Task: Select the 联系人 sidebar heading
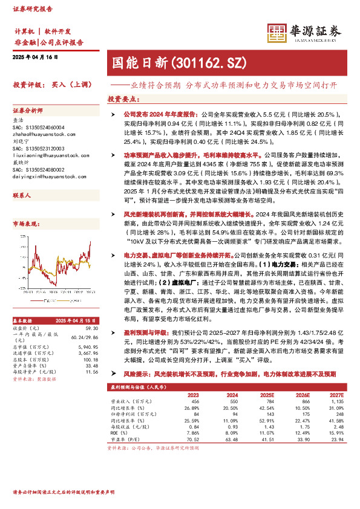click(22, 195)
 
